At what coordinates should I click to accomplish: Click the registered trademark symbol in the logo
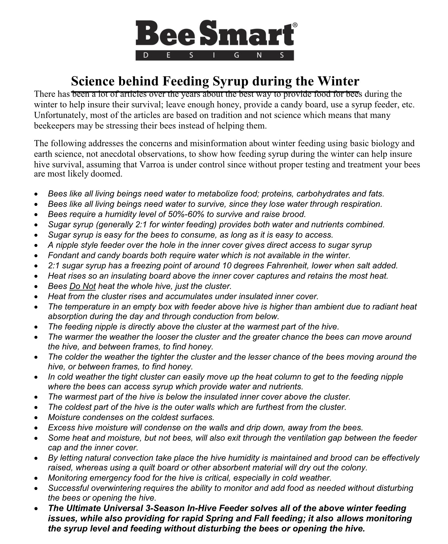click(x=295, y=25)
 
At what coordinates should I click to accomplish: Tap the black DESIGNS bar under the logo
click(x=215, y=55)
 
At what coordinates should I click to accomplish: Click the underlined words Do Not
click(x=83, y=286)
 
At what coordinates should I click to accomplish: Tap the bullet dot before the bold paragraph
click(x=36, y=509)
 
